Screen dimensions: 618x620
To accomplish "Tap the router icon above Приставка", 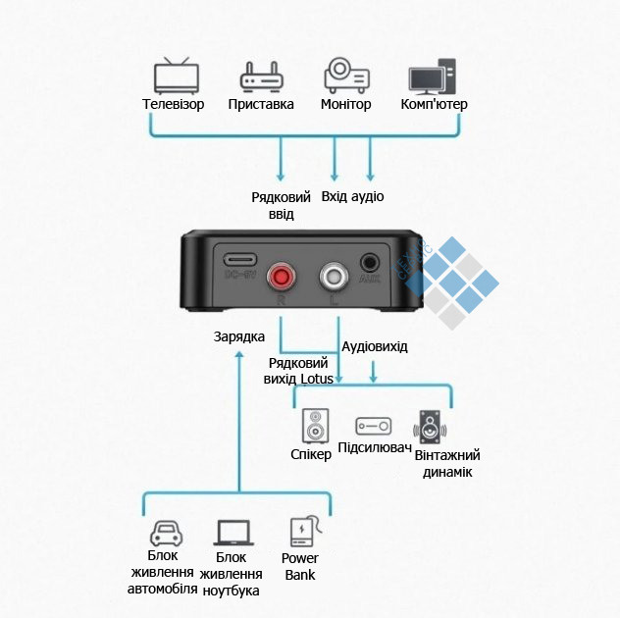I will coord(261,77).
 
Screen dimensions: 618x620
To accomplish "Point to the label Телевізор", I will coord(174,104).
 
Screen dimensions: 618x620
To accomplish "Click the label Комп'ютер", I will coord(435,104).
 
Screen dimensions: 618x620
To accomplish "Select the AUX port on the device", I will coord(370,263).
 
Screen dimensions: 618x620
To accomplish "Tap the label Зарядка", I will coord(238,336).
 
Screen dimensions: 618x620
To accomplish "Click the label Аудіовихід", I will coord(374,346).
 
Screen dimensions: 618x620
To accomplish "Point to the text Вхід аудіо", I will coord(352,196).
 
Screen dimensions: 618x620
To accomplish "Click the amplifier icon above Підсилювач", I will coord(373,427).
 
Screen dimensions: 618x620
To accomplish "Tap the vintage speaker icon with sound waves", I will coord(432,428).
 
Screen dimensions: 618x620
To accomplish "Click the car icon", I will coord(165,534).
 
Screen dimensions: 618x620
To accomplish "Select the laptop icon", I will coord(233,534).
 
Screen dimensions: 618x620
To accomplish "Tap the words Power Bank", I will coord(300,567).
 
